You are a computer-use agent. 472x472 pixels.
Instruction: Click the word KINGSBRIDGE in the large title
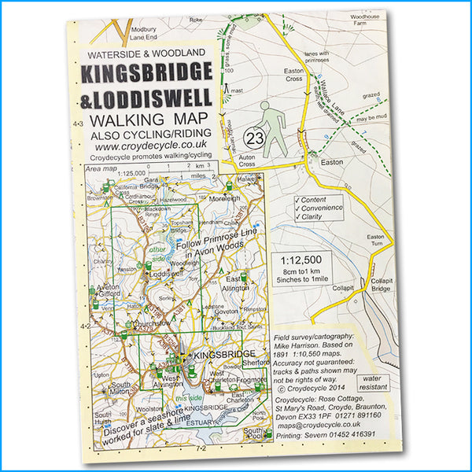(x=146, y=75)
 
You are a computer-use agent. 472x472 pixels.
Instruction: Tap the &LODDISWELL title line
(x=146, y=100)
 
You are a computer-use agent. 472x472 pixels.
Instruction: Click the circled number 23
(x=253, y=137)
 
